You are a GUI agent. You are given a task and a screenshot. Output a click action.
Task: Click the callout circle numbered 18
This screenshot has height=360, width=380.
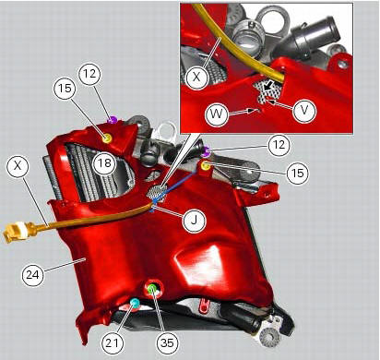pos(103,162)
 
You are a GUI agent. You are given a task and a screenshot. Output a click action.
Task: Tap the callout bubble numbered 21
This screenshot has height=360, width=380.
pos(113,342)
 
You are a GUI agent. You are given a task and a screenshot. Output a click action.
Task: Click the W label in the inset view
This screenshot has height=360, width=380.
pos(216,115)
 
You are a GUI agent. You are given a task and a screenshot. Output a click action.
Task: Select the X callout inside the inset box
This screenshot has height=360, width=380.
pos(196,78)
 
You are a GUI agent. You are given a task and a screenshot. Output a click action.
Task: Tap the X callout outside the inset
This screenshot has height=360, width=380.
pos(18,167)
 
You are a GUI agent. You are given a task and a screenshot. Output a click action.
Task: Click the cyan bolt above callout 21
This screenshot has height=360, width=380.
pos(135,303)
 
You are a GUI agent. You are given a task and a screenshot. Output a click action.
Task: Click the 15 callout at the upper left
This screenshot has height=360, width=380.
pos(64,89)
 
